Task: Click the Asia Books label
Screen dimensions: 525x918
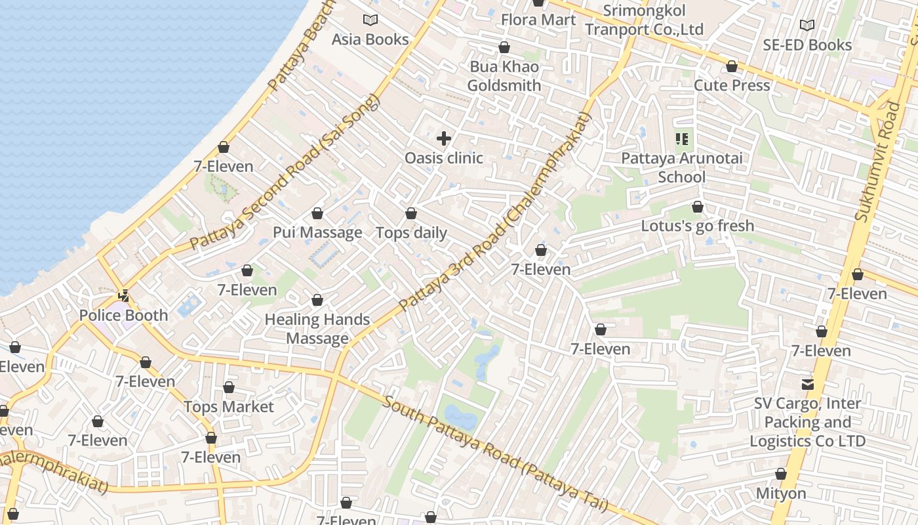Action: click(370, 39)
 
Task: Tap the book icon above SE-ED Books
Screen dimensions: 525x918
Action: click(807, 26)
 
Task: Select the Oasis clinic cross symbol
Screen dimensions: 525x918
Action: click(444, 138)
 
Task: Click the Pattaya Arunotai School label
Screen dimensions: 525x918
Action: click(682, 167)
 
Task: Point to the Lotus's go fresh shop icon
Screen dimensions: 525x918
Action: click(698, 207)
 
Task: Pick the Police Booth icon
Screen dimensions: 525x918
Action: click(123, 297)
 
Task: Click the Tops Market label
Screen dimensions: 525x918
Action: click(228, 407)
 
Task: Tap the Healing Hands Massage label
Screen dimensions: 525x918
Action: click(317, 329)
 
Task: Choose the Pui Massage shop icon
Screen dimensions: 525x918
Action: click(317, 214)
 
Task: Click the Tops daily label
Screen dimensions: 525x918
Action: click(411, 233)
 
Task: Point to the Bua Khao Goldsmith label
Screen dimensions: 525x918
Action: click(504, 76)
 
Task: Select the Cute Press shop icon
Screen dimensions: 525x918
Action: click(732, 67)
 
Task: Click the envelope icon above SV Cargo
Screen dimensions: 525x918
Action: click(808, 385)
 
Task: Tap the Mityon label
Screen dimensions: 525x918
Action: click(780, 493)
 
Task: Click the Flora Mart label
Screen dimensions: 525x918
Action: click(538, 20)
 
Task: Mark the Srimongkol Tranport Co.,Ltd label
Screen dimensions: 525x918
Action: click(644, 20)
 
